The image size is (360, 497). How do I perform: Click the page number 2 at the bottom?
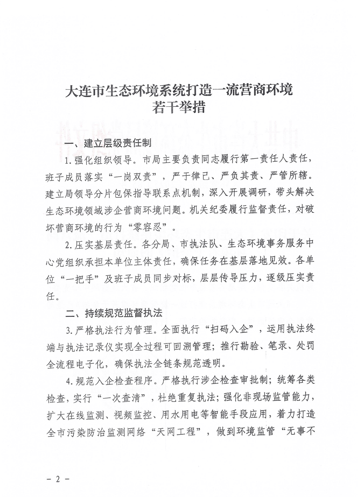tap(58, 479)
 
